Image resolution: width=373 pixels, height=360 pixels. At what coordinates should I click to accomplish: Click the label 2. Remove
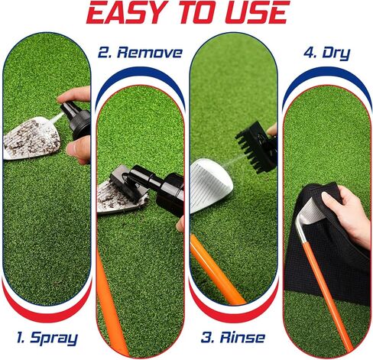pos(140,53)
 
